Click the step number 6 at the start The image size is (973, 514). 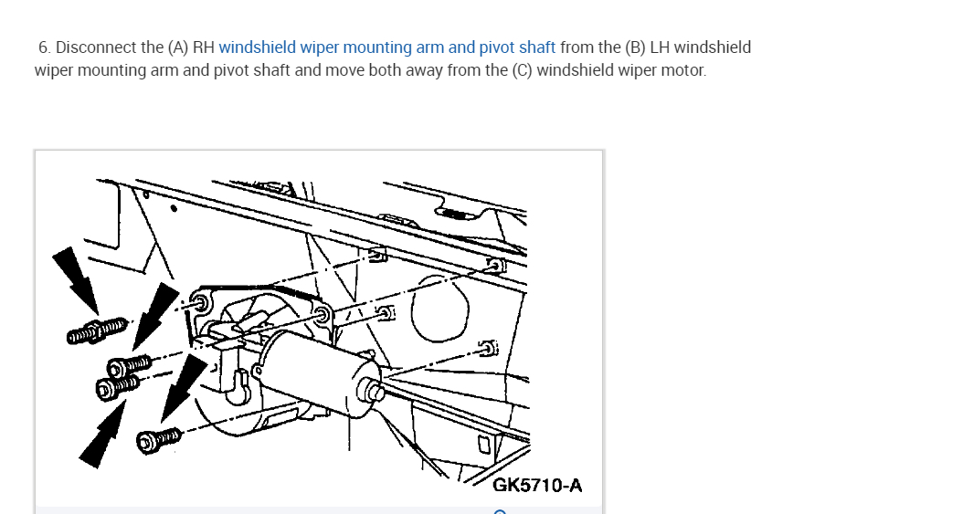point(45,47)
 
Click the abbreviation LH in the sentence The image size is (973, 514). point(660,47)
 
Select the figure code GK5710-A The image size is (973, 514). point(537,485)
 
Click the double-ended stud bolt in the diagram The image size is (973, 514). point(97,330)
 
